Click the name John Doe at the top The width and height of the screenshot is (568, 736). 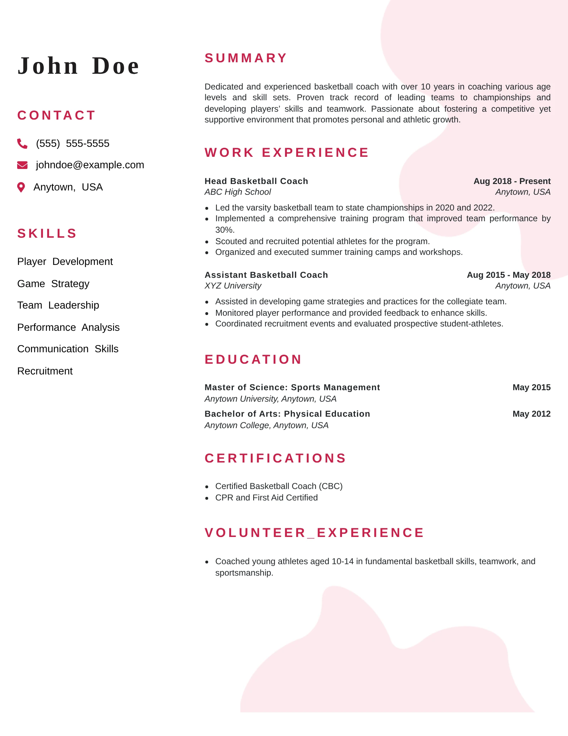pos(78,66)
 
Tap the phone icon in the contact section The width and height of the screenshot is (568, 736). pos(22,144)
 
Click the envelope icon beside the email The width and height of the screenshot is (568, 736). pos(22,165)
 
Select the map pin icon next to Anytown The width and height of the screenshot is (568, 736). pos(21,187)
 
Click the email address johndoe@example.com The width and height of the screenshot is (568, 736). pos(90,165)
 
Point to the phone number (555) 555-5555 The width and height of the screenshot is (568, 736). pos(73,144)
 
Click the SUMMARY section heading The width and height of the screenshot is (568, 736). pos(246,58)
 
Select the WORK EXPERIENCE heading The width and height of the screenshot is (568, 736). pos(287,152)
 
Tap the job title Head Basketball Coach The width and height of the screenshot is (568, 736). pos(256,181)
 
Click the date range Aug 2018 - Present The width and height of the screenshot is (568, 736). pos(512,181)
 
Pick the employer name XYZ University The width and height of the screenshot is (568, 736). pos(233,286)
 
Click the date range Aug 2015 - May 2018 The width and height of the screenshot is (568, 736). pos(509,275)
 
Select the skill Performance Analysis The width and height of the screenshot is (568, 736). pos(68,328)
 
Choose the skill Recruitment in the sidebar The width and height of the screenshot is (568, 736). pos(45,371)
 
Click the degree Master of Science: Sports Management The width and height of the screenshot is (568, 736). pos(292,387)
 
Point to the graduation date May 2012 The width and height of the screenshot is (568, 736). pos(531,414)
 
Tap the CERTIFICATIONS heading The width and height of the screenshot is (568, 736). pos(275,458)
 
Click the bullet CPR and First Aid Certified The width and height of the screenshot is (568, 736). pos(266,498)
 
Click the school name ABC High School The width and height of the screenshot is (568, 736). pos(238,192)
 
